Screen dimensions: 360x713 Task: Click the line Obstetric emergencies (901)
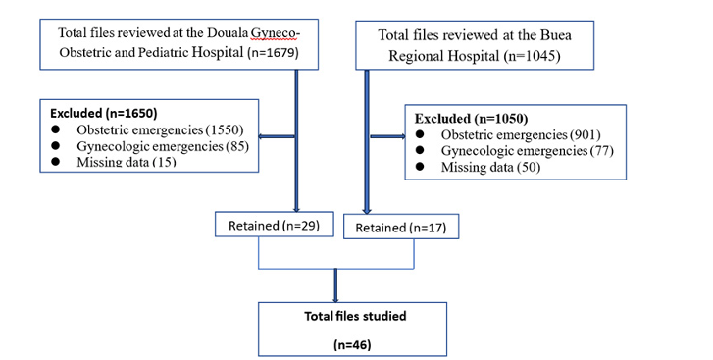[520, 134]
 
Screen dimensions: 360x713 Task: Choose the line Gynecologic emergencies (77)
[525, 151]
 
